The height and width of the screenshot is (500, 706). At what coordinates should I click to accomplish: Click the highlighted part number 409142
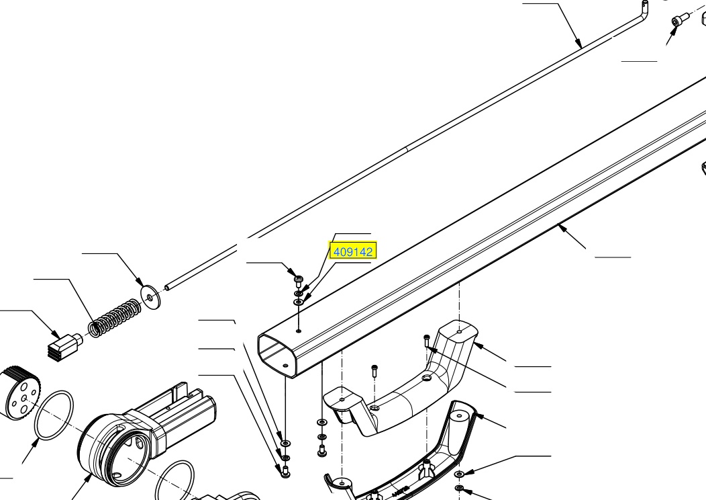pyautogui.click(x=354, y=251)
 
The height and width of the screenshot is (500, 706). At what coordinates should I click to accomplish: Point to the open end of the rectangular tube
pyautogui.click(x=277, y=354)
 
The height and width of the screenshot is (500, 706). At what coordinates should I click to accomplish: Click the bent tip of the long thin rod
pyautogui.click(x=644, y=9)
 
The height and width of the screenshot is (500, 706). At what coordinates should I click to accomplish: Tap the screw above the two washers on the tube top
pyautogui.click(x=298, y=280)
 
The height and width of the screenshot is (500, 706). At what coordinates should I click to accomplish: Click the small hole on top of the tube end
pyautogui.click(x=299, y=331)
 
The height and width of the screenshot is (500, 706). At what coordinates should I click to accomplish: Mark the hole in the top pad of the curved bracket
pyautogui.click(x=459, y=332)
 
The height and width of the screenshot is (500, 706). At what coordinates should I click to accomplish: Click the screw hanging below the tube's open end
pyautogui.click(x=285, y=472)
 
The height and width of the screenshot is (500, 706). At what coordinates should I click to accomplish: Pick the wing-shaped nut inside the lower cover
pyautogui.click(x=425, y=470)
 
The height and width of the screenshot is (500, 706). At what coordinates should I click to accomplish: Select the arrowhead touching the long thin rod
pyautogui.click(x=578, y=43)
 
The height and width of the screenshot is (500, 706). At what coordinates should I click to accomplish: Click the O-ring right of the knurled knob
pyautogui.click(x=54, y=415)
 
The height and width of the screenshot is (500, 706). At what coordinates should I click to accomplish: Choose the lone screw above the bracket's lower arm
pyautogui.click(x=374, y=370)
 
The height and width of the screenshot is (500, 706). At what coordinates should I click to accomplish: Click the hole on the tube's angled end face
pyautogui.click(x=285, y=365)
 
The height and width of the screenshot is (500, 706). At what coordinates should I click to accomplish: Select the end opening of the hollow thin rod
pyautogui.click(x=167, y=287)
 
